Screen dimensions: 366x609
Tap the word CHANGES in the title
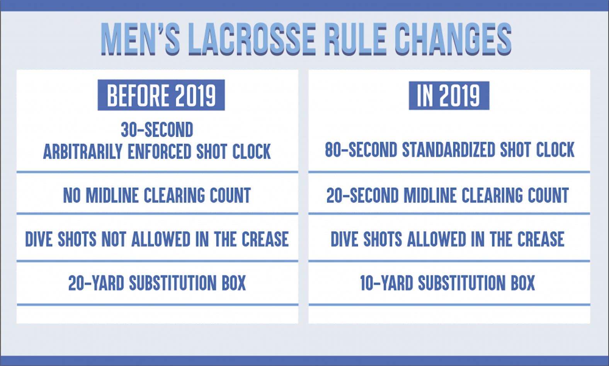coord(452,39)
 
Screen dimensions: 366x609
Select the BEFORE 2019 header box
coord(161,95)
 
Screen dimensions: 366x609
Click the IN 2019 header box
coord(449,95)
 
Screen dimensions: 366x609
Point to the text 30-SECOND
coord(157,130)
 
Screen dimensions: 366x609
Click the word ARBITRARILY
coord(83,152)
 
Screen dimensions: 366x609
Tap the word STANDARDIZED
coord(448,150)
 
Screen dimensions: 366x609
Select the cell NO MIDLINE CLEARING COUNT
coord(157,195)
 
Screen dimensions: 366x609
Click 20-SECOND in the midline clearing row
coord(362,195)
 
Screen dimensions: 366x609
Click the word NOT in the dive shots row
coord(114,239)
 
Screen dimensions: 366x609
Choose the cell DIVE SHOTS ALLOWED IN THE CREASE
coord(447,239)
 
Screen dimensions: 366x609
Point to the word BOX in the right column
coord(523,283)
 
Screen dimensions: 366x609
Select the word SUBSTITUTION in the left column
coord(173,283)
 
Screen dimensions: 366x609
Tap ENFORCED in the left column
coord(160,152)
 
